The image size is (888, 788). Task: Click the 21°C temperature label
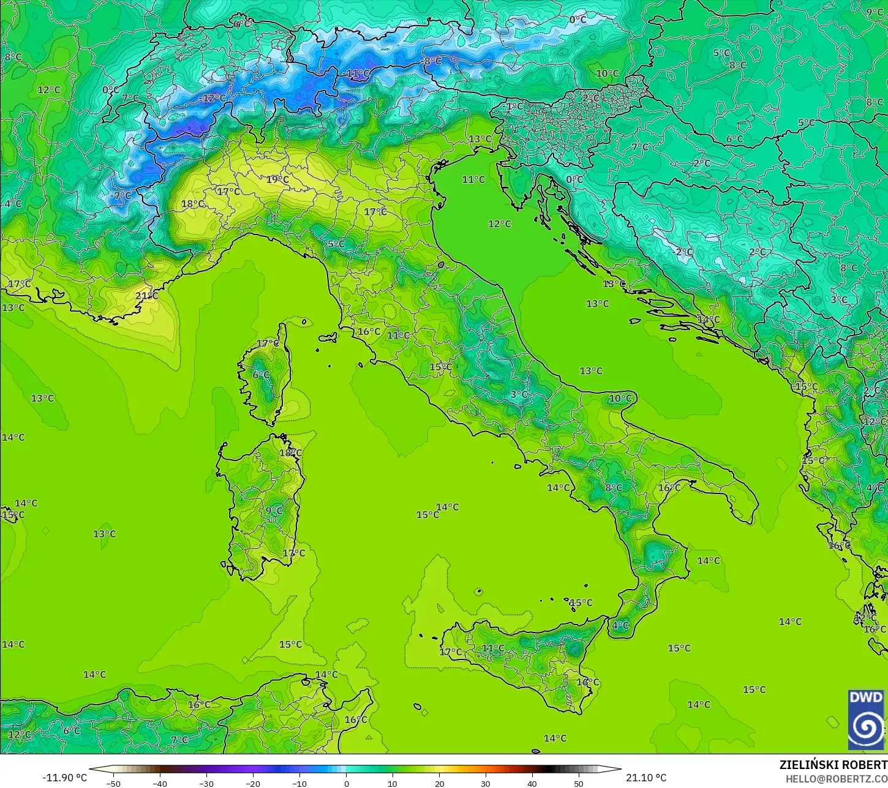146,296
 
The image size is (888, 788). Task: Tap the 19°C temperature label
277,179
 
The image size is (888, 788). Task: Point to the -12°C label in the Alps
213,98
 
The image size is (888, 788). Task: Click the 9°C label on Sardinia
274,511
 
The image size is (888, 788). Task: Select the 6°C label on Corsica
261,375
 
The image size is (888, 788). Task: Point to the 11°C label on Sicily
492,648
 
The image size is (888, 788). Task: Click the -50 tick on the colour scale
113,783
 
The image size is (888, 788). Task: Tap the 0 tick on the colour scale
346,783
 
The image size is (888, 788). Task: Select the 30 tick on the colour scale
486,783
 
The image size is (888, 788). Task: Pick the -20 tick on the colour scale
253,783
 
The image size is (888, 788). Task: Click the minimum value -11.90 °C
64,778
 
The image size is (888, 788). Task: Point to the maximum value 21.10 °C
646,778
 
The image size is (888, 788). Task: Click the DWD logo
866,719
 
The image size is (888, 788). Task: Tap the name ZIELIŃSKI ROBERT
833,765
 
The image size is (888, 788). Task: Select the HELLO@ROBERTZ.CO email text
837,778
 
